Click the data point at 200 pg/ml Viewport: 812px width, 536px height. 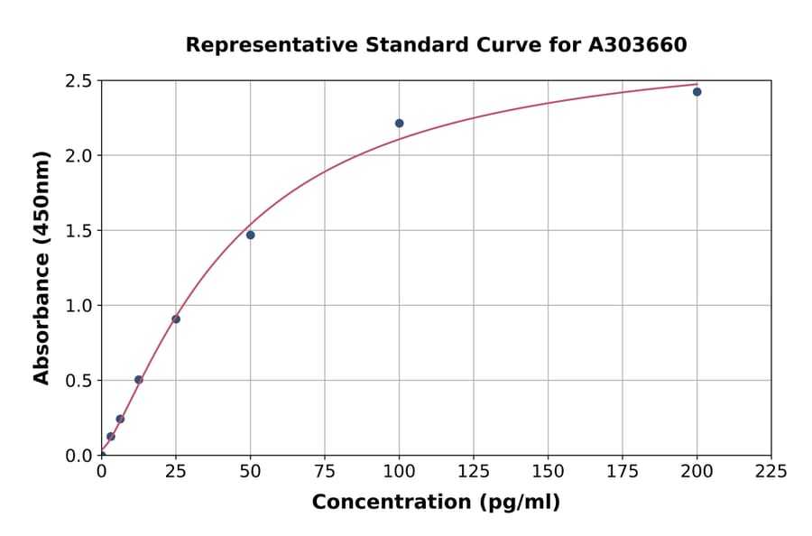pos(697,92)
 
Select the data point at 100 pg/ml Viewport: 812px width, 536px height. pos(399,124)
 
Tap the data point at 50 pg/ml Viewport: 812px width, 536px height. pos(250,236)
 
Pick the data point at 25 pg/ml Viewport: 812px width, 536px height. pos(176,319)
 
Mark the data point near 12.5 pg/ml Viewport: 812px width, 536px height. pos(139,380)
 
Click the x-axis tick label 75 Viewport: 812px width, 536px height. pos(325,471)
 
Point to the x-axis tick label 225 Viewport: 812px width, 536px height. pos(771,471)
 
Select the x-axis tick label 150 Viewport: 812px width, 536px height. pos(548,471)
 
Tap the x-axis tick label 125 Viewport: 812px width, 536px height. pos(474,471)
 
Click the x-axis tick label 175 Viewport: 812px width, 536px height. pos(623,471)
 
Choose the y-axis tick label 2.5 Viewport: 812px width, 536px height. pos(78,81)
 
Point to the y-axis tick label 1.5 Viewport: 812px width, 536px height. pos(78,231)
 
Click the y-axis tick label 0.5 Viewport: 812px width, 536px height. pos(78,381)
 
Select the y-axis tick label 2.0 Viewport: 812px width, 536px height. pos(78,156)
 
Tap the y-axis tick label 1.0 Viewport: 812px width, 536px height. pos(78,306)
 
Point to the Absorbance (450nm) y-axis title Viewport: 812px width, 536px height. pos(42,267)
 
